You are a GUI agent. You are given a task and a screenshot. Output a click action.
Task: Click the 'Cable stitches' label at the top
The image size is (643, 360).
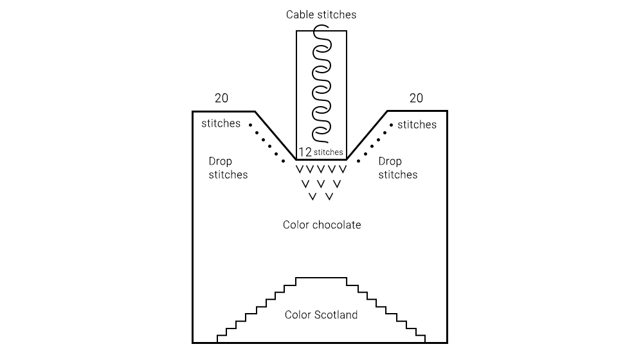click(321, 14)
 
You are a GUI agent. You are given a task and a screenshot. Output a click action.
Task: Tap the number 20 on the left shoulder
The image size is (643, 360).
click(221, 98)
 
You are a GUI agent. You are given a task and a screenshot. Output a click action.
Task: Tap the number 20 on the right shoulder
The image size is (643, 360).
click(417, 98)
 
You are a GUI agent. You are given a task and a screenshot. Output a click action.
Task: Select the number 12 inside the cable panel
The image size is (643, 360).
click(305, 152)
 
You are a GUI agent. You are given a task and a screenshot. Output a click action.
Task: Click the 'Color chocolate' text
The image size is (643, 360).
click(321, 225)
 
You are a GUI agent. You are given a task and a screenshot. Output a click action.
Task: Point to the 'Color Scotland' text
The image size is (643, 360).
click(321, 315)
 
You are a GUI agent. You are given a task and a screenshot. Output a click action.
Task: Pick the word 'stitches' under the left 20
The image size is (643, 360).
click(221, 123)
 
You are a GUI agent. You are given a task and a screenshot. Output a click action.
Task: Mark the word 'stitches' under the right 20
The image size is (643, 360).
click(417, 124)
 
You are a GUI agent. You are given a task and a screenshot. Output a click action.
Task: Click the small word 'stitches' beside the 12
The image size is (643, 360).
click(328, 153)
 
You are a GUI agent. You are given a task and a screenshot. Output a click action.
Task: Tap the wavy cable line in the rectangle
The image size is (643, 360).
click(321, 84)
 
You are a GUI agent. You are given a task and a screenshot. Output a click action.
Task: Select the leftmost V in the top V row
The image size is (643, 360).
click(299, 170)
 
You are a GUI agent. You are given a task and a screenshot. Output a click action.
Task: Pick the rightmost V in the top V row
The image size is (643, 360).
click(343, 170)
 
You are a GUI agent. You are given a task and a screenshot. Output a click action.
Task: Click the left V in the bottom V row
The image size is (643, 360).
click(312, 196)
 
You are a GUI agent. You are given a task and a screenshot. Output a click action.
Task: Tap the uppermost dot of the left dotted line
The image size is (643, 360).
click(251, 125)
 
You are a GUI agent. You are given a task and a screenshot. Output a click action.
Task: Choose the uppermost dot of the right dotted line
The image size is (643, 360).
click(390, 125)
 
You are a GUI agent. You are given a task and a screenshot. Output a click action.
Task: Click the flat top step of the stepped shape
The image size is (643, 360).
click(321, 278)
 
